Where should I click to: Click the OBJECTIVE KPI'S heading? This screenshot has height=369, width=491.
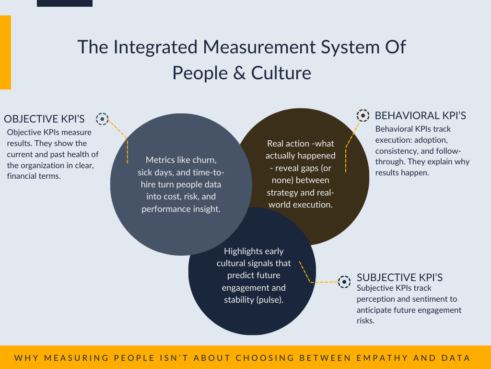44,119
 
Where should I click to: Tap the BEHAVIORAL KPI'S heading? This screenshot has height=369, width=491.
420,115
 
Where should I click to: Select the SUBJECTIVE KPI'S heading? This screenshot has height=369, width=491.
399,278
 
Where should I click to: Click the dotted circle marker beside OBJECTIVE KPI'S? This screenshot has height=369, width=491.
102,119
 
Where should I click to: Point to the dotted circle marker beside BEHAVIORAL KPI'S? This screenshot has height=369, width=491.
363,115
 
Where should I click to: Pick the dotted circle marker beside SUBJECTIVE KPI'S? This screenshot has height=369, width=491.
344,282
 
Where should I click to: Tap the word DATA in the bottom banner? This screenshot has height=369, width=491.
455,358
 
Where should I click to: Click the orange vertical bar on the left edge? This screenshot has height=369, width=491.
5,52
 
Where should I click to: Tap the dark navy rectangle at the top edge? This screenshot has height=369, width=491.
64,3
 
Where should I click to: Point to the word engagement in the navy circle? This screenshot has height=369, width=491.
245,287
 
